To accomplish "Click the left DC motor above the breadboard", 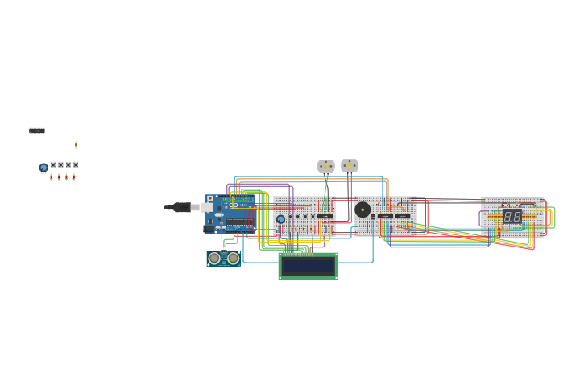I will click(325, 166).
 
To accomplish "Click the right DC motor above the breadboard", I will click(349, 165).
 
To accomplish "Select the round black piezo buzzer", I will click(362, 209).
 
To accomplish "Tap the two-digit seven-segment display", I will click(512, 216).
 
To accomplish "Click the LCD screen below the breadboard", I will click(308, 266).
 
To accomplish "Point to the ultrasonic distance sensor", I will click(223, 258).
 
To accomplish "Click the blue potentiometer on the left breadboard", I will click(280, 219).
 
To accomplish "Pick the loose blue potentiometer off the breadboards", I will click(43, 168).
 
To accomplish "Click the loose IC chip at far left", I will click(37, 131).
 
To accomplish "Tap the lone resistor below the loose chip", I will click(76, 144).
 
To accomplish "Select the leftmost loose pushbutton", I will click(53, 165).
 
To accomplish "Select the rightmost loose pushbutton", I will click(76, 165).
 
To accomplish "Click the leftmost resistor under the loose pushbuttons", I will click(51, 176).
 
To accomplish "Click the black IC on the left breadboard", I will click(325, 216).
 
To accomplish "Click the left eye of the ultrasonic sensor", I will click(213, 258).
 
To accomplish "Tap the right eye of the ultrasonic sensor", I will click(233, 258).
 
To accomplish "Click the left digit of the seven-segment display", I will click(508, 216).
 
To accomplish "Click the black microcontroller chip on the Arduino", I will click(239, 222).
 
